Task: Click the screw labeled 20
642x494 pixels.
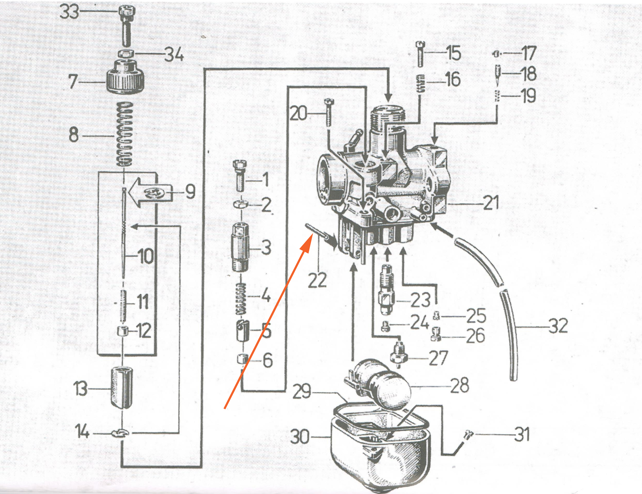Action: coord(328,116)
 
